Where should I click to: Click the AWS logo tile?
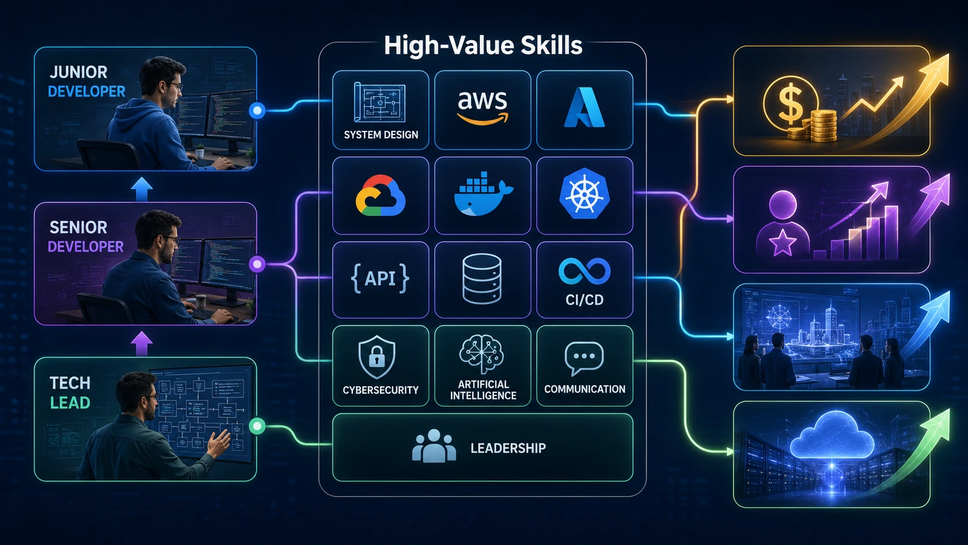482,110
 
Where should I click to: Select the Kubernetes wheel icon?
584,193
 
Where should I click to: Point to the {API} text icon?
380,279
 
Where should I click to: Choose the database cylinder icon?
482,279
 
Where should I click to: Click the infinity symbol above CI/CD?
584,272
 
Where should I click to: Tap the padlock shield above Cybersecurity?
377,357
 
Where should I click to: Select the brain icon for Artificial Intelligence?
482,354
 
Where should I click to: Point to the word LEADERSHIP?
508,448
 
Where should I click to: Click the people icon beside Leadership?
434,446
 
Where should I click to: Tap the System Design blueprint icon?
380,103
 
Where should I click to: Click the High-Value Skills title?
483,45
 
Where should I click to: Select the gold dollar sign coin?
791,104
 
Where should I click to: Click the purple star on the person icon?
783,243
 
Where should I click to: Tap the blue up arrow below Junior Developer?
142,189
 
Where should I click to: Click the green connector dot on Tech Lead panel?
257,426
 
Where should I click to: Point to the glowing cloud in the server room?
832,436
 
